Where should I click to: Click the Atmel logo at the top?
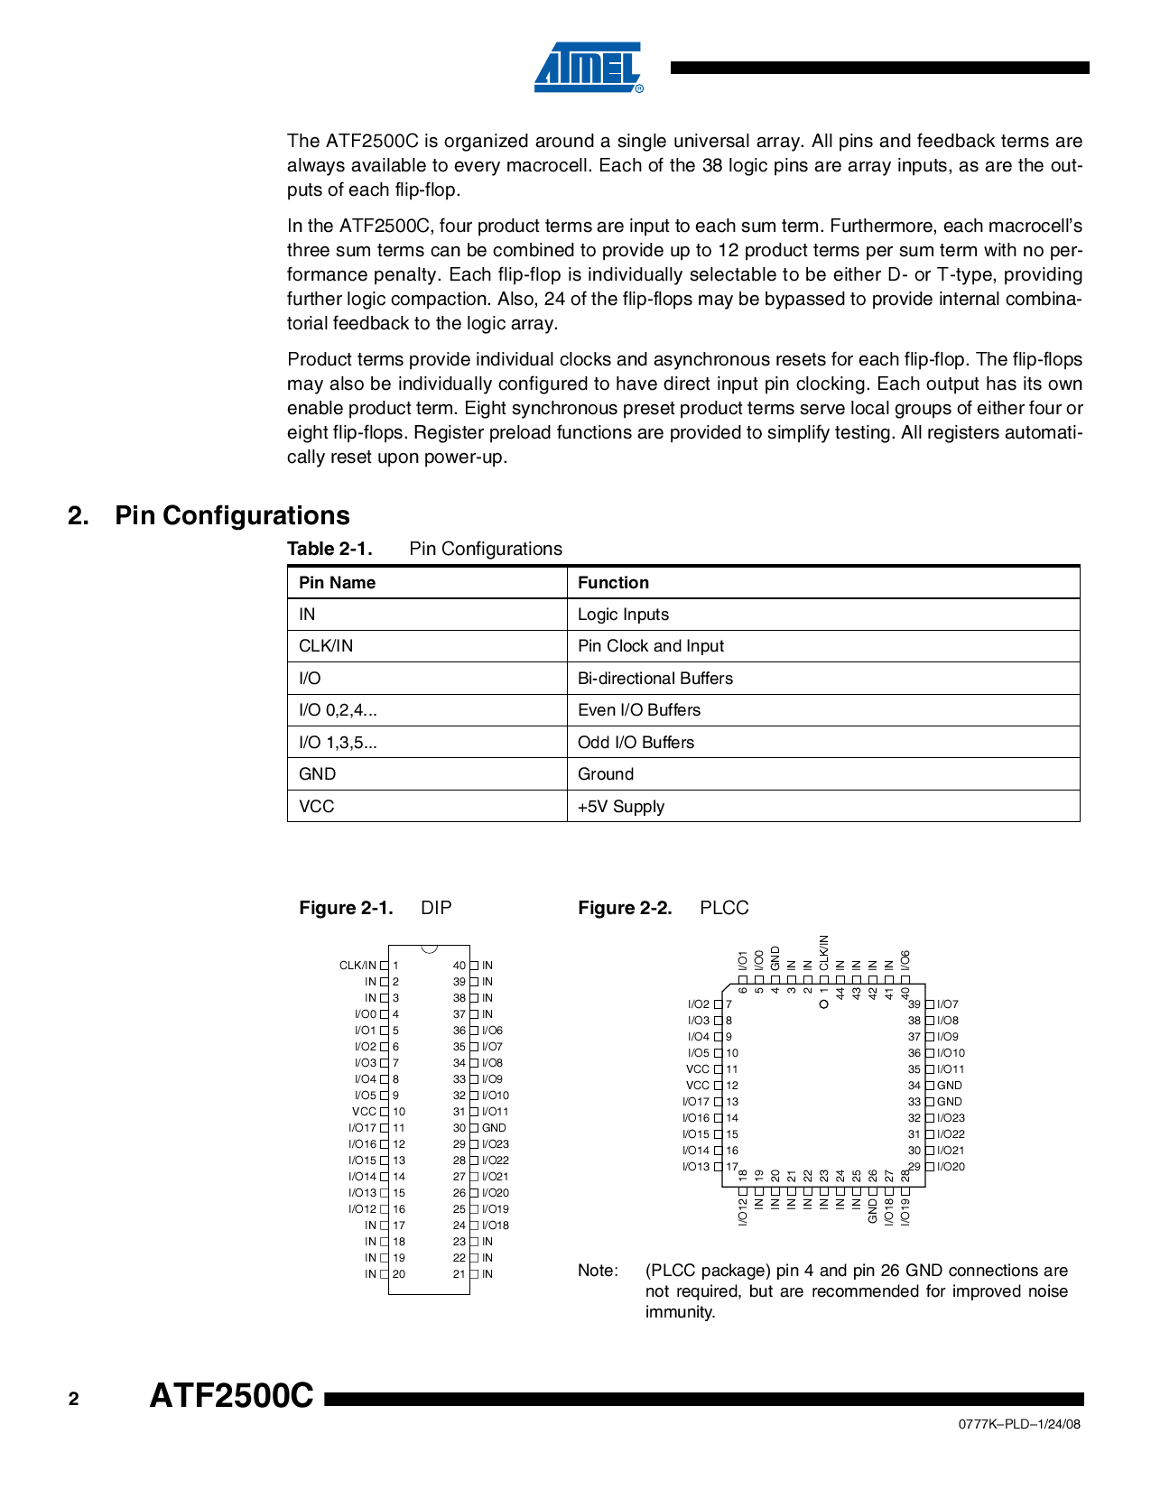pyautogui.click(x=588, y=67)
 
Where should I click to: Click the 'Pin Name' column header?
pyautogui.click(x=337, y=583)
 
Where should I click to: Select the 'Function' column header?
pyautogui.click(x=613, y=583)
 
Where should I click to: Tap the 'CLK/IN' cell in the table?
pyautogui.click(x=326, y=646)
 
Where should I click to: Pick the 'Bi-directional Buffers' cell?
pyautogui.click(x=654, y=679)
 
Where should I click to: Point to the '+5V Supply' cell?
pyautogui.click(x=620, y=807)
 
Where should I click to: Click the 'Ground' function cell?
pyautogui.click(x=605, y=774)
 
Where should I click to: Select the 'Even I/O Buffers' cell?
pyautogui.click(x=638, y=710)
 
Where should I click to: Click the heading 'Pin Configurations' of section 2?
pyautogui.click(x=232, y=515)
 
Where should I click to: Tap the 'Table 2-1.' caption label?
pyautogui.click(x=330, y=549)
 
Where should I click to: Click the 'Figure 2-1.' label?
pyautogui.click(x=346, y=908)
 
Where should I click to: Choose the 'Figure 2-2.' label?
pyautogui.click(x=625, y=908)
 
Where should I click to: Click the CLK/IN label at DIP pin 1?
pyautogui.click(x=357, y=966)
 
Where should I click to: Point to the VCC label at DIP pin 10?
pyautogui.click(x=364, y=1112)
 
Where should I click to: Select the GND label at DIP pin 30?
pyautogui.click(x=494, y=1128)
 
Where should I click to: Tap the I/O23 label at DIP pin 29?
pyautogui.click(x=496, y=1144)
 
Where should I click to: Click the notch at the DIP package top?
pyautogui.click(x=429, y=948)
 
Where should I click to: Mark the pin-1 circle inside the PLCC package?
pyautogui.click(x=823, y=1003)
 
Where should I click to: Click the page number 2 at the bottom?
pyautogui.click(x=74, y=1399)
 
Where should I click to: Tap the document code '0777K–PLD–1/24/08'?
pyautogui.click(x=1019, y=1424)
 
